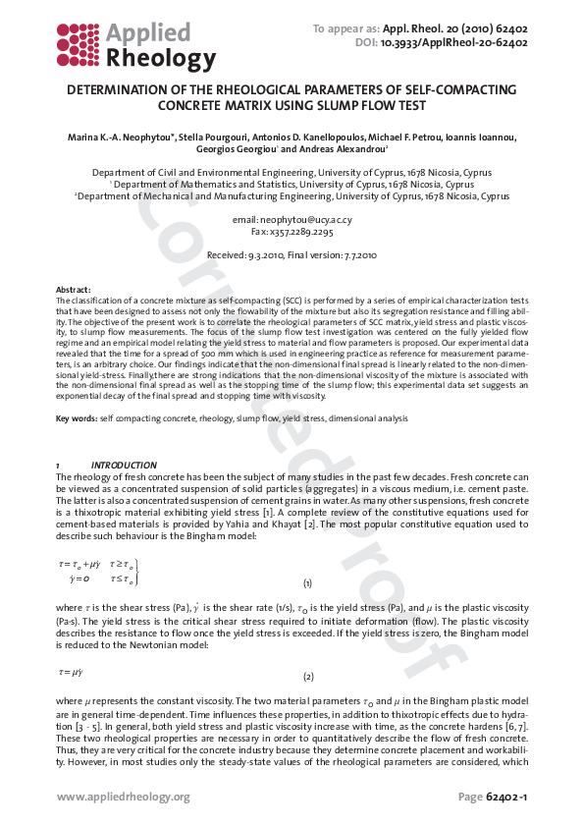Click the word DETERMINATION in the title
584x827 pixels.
132,90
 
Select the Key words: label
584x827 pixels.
77,418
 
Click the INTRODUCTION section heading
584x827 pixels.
124,465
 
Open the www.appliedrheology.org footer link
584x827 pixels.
123,796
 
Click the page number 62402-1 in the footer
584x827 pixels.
506,796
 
